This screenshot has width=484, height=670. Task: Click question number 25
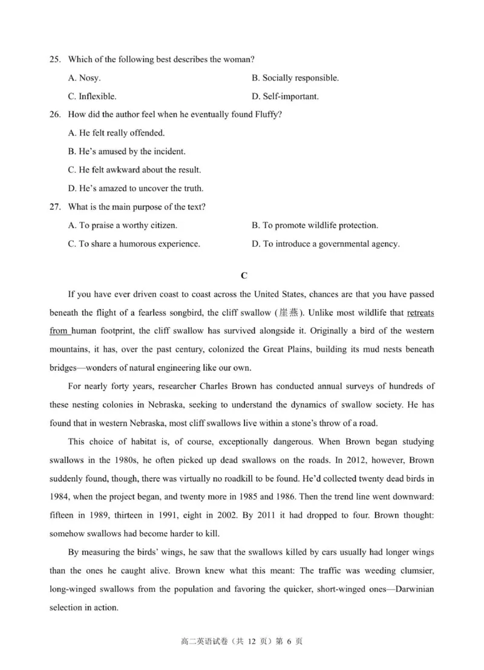pos(55,59)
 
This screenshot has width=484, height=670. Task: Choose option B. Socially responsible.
pos(295,78)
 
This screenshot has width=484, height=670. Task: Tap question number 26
pos(55,114)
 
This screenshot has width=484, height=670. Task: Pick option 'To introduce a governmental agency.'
pos(325,244)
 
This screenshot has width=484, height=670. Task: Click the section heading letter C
pos(243,276)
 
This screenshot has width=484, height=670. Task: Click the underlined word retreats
pos(420,313)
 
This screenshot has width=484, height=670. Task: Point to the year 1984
pos(59,496)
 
